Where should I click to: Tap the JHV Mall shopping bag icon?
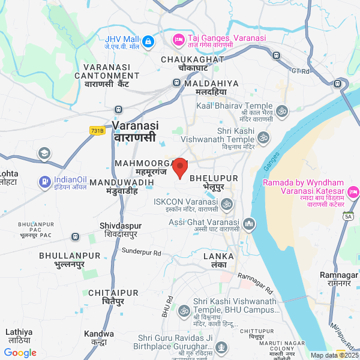tap(148, 41)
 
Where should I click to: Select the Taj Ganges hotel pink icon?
tap(178, 40)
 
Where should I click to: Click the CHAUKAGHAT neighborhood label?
tap(193, 60)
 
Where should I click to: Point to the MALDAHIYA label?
tap(212, 83)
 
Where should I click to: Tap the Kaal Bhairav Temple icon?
tap(282, 111)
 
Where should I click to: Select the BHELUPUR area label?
tap(214, 179)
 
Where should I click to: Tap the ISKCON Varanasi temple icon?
tap(227, 205)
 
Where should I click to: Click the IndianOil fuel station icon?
tap(45, 181)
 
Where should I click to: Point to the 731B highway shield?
tap(97, 130)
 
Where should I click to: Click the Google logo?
tap(20, 353)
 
